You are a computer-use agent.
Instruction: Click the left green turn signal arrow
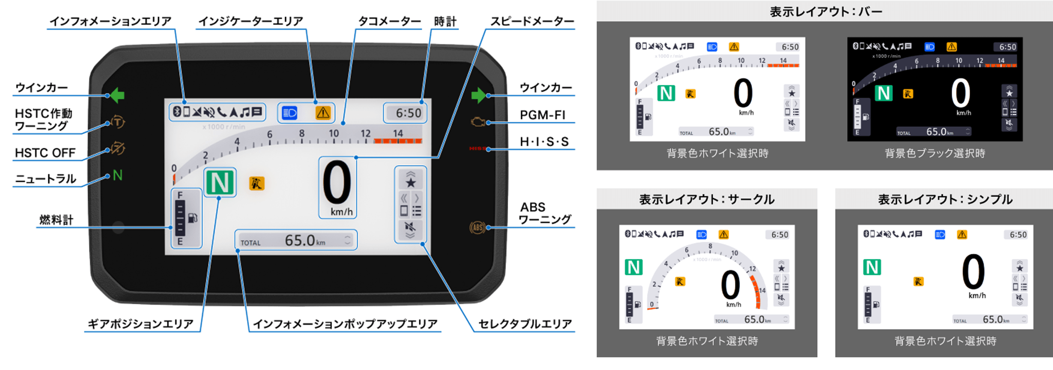[x=117, y=95]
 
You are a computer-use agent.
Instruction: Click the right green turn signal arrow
[x=478, y=95]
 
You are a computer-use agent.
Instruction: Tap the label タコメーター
[x=389, y=21]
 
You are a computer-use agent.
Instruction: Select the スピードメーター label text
[x=532, y=21]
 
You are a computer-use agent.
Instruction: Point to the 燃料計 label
[x=56, y=220]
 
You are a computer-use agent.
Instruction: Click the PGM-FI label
[x=542, y=115]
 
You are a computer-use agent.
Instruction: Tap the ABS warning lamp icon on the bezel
[x=477, y=227]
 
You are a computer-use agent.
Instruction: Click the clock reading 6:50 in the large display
[x=408, y=113]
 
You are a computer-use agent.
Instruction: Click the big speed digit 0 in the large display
[x=337, y=183]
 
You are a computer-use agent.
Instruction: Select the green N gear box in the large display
[x=219, y=183]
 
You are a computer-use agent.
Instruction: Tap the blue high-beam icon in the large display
[x=290, y=113]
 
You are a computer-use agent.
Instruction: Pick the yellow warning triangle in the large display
[x=323, y=113]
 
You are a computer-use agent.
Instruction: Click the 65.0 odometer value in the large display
[x=300, y=240]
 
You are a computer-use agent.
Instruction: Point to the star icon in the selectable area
[x=410, y=182]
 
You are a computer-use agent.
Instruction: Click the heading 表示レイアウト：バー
[x=825, y=11]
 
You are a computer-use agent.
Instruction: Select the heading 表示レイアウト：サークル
[x=706, y=199]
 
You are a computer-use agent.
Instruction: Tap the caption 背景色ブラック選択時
[x=935, y=154]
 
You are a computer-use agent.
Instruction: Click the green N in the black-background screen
[x=883, y=93]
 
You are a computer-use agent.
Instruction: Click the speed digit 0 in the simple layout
[x=973, y=272]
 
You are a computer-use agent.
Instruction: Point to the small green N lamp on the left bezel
[x=117, y=175]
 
